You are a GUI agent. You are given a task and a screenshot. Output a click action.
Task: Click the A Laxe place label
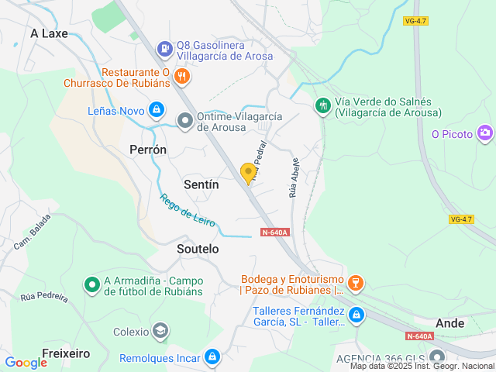[x=49, y=33]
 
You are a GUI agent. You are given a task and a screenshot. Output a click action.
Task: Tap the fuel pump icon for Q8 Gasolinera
[x=164, y=49]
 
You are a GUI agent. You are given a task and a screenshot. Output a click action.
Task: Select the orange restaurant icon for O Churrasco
[x=182, y=75]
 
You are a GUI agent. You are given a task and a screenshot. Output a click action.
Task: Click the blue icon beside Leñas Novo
[x=157, y=110]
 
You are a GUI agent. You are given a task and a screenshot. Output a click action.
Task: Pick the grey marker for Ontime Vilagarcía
[x=185, y=120]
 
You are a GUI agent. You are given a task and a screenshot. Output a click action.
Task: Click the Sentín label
[x=201, y=184]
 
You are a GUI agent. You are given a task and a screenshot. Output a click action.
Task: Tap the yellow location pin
[x=249, y=173]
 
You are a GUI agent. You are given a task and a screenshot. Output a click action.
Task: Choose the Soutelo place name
[x=198, y=249]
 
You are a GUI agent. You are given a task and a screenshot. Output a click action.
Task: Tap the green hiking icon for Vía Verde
[x=322, y=105]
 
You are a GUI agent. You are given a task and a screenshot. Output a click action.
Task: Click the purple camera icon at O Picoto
[x=485, y=133]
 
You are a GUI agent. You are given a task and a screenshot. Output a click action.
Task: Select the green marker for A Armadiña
[x=92, y=285]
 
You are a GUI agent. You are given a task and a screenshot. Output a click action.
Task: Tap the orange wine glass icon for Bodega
[x=356, y=284]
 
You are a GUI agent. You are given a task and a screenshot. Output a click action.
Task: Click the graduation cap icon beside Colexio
[x=160, y=331]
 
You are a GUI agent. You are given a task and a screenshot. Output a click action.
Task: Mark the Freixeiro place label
[x=66, y=353]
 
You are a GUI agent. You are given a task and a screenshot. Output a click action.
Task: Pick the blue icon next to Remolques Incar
[x=212, y=357]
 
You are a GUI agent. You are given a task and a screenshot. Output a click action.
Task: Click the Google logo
[x=26, y=362]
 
